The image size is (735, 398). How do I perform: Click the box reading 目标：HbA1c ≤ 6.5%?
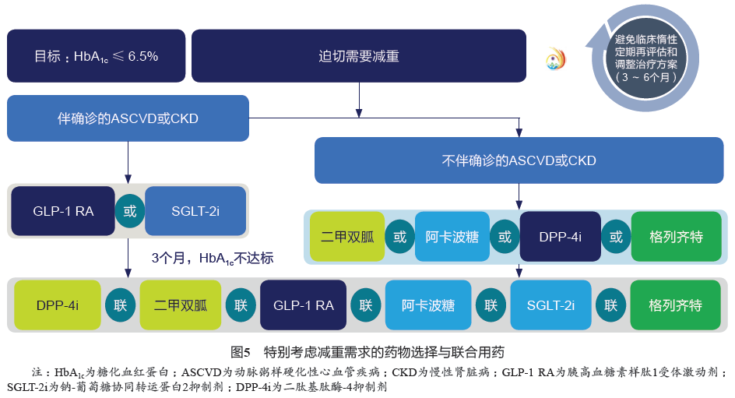(96, 56)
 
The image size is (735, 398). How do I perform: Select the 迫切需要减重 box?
(359, 56)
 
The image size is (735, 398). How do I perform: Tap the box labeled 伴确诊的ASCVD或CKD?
(128, 118)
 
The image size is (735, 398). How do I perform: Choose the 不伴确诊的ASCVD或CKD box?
(519, 160)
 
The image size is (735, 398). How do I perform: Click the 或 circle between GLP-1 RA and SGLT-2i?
(130, 211)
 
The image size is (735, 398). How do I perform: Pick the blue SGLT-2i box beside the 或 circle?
(195, 211)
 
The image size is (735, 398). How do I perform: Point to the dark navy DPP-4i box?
(561, 237)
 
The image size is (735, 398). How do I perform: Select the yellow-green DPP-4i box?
(58, 305)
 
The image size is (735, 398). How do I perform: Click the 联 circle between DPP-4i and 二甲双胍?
(120, 305)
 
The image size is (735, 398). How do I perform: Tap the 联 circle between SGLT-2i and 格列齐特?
(611, 305)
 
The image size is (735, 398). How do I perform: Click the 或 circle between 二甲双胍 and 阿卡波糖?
(399, 237)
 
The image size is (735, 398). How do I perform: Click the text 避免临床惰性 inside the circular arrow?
(645, 39)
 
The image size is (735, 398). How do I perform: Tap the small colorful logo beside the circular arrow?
(556, 58)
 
